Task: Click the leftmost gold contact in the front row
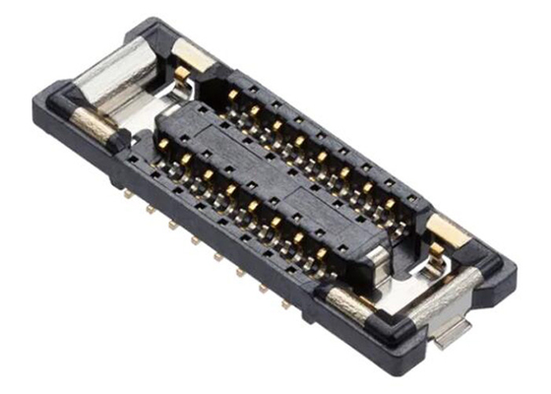pos(184,157)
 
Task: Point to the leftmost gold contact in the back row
pos(233,96)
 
